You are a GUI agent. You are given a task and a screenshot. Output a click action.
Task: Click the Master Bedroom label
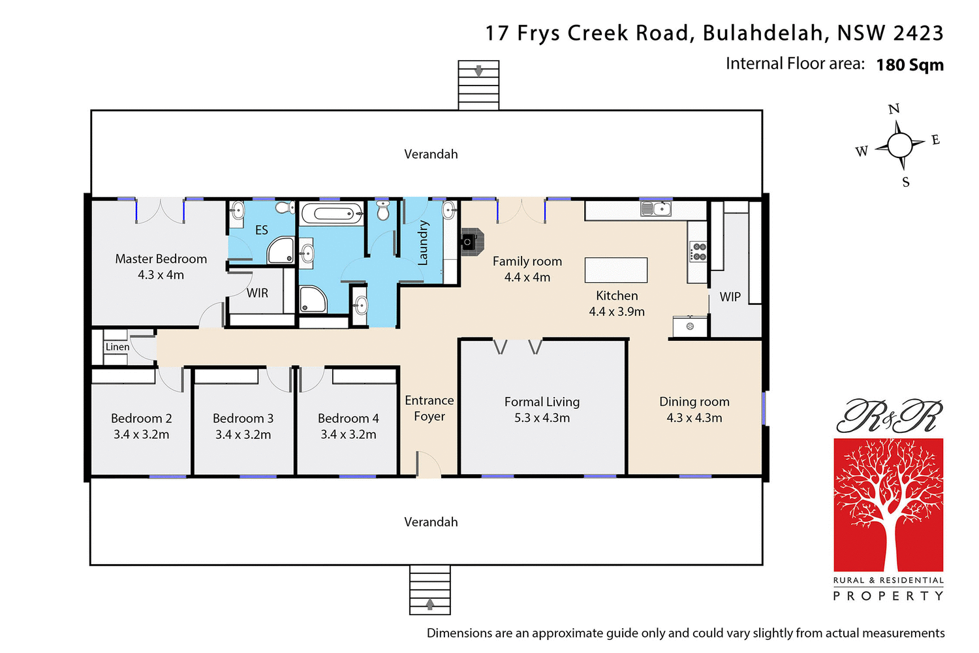coord(161,259)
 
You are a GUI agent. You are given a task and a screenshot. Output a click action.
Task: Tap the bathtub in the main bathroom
coord(332,214)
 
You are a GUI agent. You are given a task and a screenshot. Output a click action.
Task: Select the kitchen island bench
coord(616,270)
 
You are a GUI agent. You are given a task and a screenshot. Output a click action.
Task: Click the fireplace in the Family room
coord(472,241)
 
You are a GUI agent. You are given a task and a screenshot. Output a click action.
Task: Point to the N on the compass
coord(894,109)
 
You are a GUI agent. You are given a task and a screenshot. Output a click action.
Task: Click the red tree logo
coord(888,505)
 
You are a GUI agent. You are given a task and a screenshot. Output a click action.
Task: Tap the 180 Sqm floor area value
coord(910,65)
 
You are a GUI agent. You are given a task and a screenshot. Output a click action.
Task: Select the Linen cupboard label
coord(117,347)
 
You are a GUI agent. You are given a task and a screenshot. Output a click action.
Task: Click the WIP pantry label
coord(730,297)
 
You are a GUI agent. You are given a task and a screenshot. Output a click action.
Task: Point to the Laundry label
coord(423,243)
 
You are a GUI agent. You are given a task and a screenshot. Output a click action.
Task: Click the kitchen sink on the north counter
coord(655,208)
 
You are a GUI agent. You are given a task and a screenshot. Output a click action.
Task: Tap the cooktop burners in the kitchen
coord(698,252)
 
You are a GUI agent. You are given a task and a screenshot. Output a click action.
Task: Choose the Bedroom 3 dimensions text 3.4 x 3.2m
coord(243,435)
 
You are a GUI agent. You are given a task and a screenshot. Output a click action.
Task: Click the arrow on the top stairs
coord(478,71)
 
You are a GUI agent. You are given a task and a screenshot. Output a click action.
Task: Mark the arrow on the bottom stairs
coord(429,604)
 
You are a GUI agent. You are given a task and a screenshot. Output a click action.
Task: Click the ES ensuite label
coord(261,230)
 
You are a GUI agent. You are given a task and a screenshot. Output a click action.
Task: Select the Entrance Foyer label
coord(429,408)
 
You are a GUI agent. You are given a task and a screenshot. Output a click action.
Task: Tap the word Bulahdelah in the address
coord(762,33)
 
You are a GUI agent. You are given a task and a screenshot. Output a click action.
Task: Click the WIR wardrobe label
coord(257,293)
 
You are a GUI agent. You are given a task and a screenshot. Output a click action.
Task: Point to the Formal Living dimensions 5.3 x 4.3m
coord(542,418)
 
